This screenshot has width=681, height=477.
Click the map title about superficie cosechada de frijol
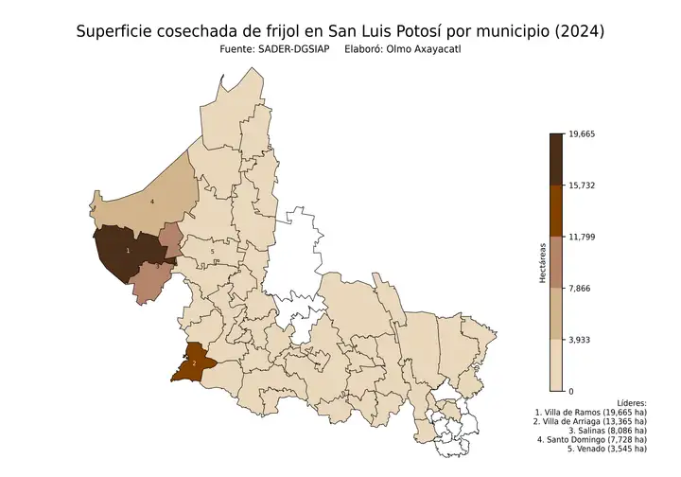[340, 31]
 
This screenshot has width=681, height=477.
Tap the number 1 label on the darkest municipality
[128, 251]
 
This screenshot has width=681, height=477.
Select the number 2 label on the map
[194, 362]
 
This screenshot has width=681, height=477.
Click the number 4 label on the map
[151, 202]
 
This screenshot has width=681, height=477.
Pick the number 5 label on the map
[199, 251]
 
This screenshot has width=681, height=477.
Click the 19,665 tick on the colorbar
[582, 134]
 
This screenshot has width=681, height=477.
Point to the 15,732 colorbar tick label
[582, 185]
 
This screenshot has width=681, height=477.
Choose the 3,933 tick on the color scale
[580, 339]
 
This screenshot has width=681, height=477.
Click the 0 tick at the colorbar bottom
[570, 390]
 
